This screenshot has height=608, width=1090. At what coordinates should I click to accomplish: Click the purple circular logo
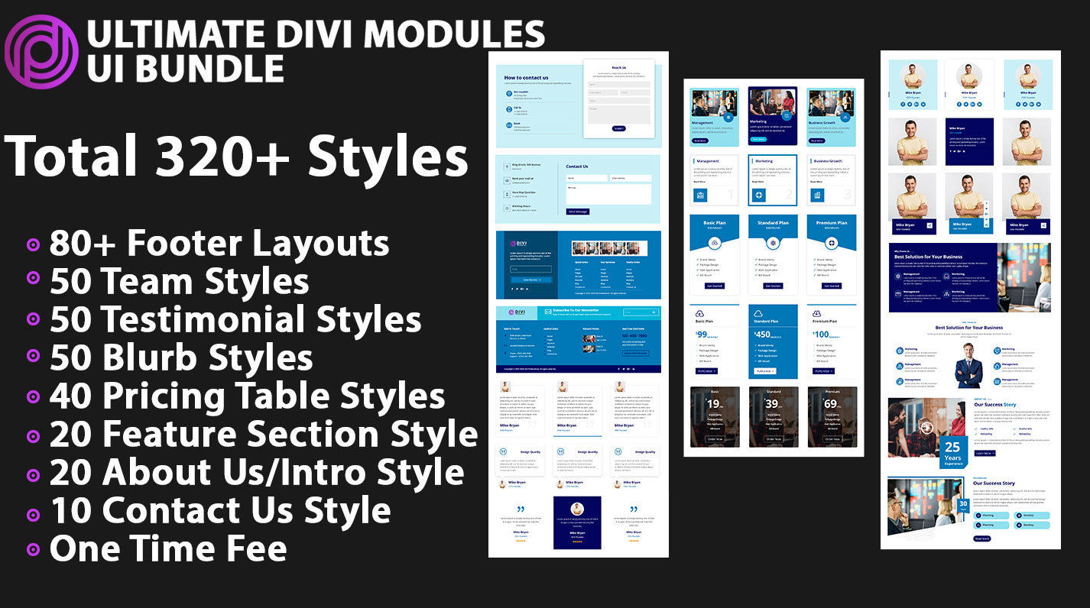41,52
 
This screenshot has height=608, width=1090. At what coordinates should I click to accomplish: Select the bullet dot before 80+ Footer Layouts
33,245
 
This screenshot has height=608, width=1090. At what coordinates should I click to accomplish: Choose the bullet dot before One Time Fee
33,549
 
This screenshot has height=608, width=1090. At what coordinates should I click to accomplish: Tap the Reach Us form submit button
618,128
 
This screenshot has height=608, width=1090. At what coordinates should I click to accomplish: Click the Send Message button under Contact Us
578,212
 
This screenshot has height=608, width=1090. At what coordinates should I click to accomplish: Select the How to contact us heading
526,78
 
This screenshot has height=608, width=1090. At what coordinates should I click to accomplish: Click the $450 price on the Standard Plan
764,335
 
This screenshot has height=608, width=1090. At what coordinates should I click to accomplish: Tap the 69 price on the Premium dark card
832,405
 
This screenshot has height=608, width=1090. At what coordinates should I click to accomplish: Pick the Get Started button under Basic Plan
714,286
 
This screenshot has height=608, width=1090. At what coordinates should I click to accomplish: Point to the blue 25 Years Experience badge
952,451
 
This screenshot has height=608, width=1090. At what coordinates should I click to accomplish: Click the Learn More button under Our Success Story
985,453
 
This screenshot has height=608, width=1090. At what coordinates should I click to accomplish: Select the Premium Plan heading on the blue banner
832,223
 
